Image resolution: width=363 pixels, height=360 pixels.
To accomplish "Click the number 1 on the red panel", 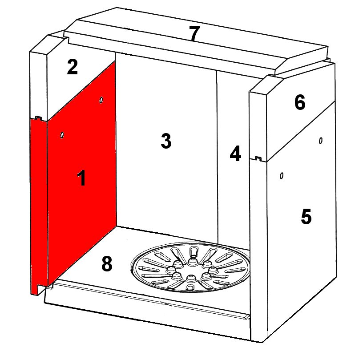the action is (x=81, y=178).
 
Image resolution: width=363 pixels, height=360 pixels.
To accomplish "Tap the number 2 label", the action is (x=72, y=67).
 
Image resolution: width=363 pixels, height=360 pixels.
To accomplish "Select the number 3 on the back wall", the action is (x=166, y=141).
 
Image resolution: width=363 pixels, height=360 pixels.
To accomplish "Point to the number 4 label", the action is (x=235, y=153).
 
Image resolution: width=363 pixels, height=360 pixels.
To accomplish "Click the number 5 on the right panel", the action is (x=306, y=216).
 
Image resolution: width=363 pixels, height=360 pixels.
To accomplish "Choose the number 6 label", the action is (x=300, y=102).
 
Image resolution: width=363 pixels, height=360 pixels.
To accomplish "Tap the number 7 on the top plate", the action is (x=194, y=33).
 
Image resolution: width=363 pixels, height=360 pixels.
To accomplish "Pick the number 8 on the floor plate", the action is (x=107, y=263).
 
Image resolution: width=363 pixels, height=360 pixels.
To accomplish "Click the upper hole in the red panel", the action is (x=101, y=100).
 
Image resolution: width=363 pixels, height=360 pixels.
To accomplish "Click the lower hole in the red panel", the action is (x=62, y=135).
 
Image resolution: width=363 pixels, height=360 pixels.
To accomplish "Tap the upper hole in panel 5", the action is (x=321, y=140).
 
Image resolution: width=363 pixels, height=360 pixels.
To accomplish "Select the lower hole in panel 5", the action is (x=282, y=176).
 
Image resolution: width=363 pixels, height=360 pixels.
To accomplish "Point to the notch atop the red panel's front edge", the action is (x=38, y=118).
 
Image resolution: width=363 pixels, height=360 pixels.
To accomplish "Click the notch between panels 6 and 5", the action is (x=258, y=158).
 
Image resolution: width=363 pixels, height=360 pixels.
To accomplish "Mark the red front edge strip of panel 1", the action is (x=39, y=206).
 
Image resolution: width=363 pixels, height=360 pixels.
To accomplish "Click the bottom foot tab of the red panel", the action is (x=35, y=289).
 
